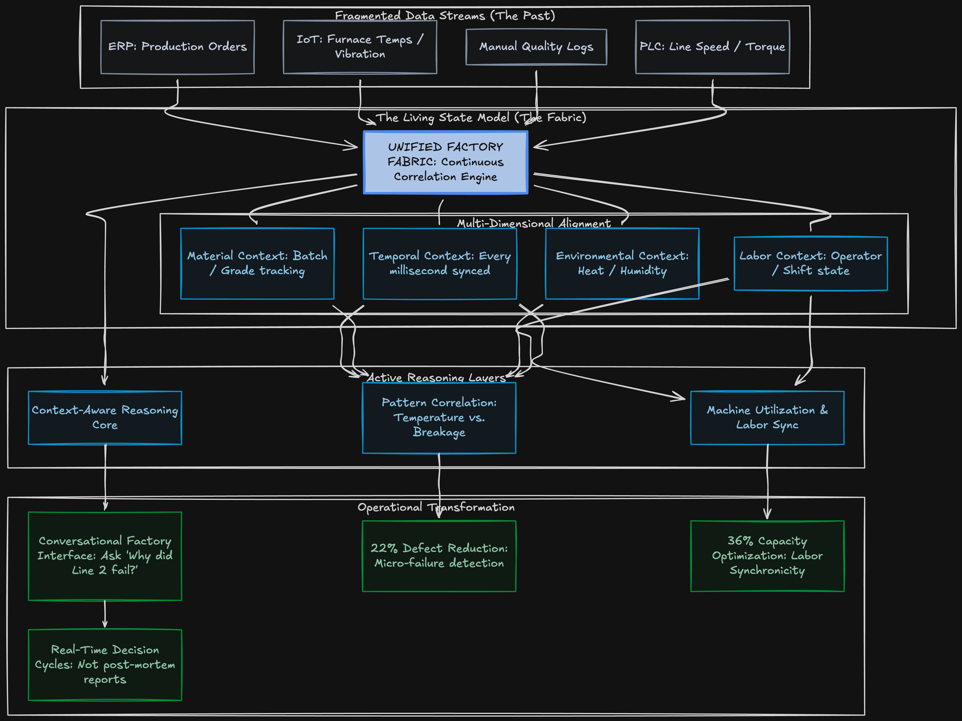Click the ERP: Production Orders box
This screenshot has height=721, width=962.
coord(177,47)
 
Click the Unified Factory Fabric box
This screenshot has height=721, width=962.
coord(445,162)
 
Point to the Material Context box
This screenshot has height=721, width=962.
coord(257,263)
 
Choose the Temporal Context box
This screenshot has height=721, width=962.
coord(440,263)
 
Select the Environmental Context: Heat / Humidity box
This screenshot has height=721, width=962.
coord(622,263)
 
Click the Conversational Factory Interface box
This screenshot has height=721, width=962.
coord(105,556)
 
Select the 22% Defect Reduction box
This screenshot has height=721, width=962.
coord(439,556)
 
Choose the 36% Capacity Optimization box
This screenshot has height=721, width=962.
coord(767,556)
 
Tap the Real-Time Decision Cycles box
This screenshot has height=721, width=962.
coord(105,664)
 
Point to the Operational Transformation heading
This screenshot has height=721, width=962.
coord(436,507)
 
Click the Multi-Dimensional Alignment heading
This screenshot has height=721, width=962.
coord(534,223)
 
